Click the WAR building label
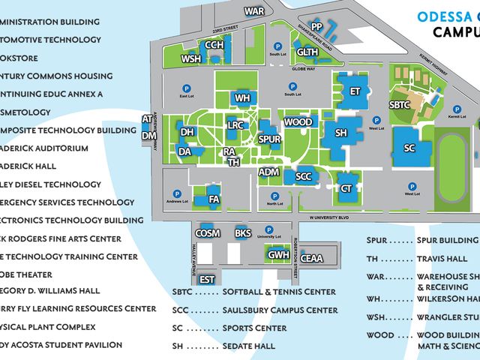[x=255, y=11]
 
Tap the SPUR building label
[x=269, y=139]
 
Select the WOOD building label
[x=298, y=122]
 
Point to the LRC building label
[x=235, y=125]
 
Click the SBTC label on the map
[x=400, y=104]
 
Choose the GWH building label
[x=279, y=255]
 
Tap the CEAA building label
[x=313, y=258]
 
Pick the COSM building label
[x=208, y=233]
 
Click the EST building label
[x=208, y=280]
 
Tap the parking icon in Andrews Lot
[x=177, y=193]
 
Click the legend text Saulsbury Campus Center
[x=280, y=310]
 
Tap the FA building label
[x=214, y=199]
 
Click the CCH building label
[x=214, y=45]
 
